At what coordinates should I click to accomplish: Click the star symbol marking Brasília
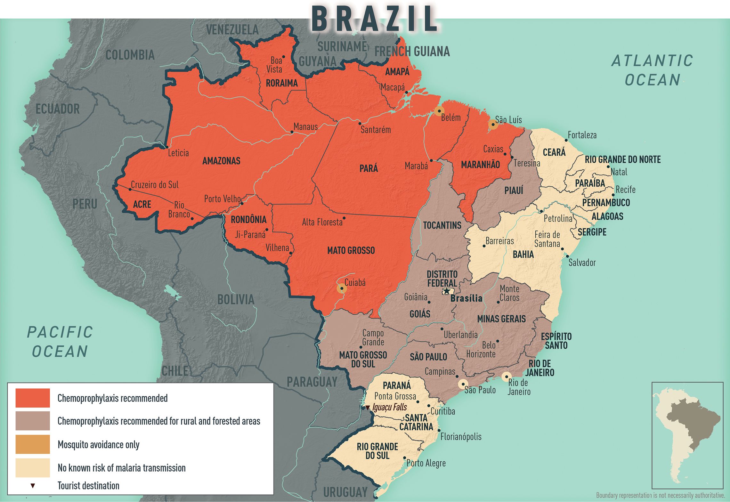tap(446, 291)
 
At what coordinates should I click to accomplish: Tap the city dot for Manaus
tap(292, 132)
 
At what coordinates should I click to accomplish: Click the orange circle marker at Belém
tap(439, 111)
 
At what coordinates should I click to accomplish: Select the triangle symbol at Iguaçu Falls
tap(368, 408)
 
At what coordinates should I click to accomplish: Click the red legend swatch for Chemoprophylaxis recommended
tap(33, 398)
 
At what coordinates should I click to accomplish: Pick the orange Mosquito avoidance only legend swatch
tap(33, 444)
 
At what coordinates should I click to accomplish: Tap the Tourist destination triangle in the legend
tap(33, 486)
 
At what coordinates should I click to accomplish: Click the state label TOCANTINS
tap(442, 225)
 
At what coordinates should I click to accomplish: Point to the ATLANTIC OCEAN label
tap(653, 70)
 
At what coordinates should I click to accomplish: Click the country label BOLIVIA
tap(236, 300)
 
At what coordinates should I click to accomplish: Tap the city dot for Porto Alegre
tap(405, 458)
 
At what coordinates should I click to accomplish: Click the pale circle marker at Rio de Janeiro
tap(506, 376)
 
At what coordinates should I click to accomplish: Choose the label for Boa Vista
tap(274, 65)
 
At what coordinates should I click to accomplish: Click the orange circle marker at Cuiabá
tap(342, 288)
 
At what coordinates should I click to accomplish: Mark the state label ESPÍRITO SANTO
tap(556, 341)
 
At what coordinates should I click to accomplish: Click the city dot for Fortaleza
tap(566, 140)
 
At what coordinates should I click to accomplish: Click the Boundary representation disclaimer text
tap(660, 495)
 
